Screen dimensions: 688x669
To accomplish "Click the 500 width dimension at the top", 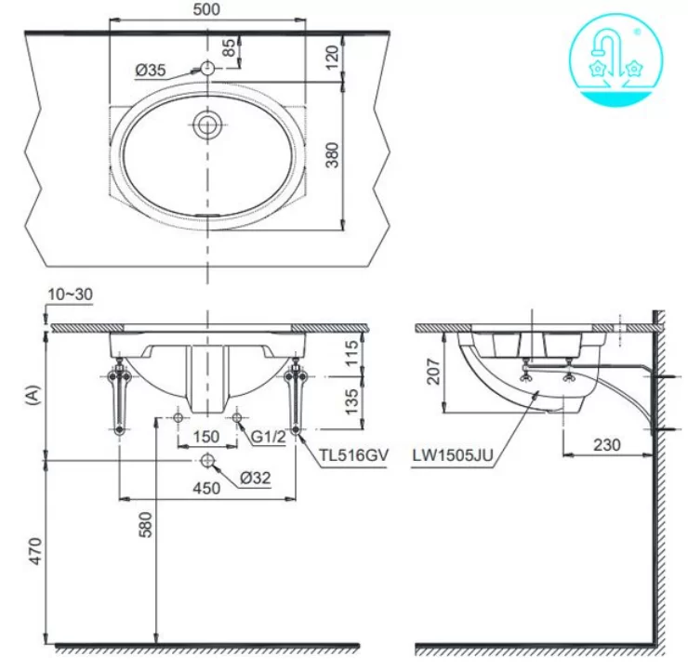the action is (206, 9).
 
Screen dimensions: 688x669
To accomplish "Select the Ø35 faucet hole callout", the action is (151, 70).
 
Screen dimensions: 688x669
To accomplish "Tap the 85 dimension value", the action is (229, 48).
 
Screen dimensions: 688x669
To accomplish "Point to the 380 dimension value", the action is (333, 155).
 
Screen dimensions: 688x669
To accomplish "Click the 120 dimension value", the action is (333, 57).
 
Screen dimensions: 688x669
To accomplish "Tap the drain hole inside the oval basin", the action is (207, 125).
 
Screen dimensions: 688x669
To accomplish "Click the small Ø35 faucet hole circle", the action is (207, 68).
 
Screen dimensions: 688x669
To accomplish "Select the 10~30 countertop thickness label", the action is (71, 295).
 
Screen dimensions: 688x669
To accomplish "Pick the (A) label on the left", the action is (33, 395).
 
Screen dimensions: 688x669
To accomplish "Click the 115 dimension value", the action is (351, 353).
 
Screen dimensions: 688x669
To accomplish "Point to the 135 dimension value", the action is (351, 401).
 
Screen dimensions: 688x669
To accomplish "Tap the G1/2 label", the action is (269, 436).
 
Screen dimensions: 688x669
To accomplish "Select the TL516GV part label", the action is (353, 455).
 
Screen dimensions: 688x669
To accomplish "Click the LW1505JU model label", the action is (453, 455).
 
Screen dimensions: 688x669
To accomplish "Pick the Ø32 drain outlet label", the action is (256, 478).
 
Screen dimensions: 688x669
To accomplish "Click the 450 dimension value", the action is (206, 488).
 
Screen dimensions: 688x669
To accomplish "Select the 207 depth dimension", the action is (433, 372).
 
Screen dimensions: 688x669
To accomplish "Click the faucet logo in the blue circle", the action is (616, 59).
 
